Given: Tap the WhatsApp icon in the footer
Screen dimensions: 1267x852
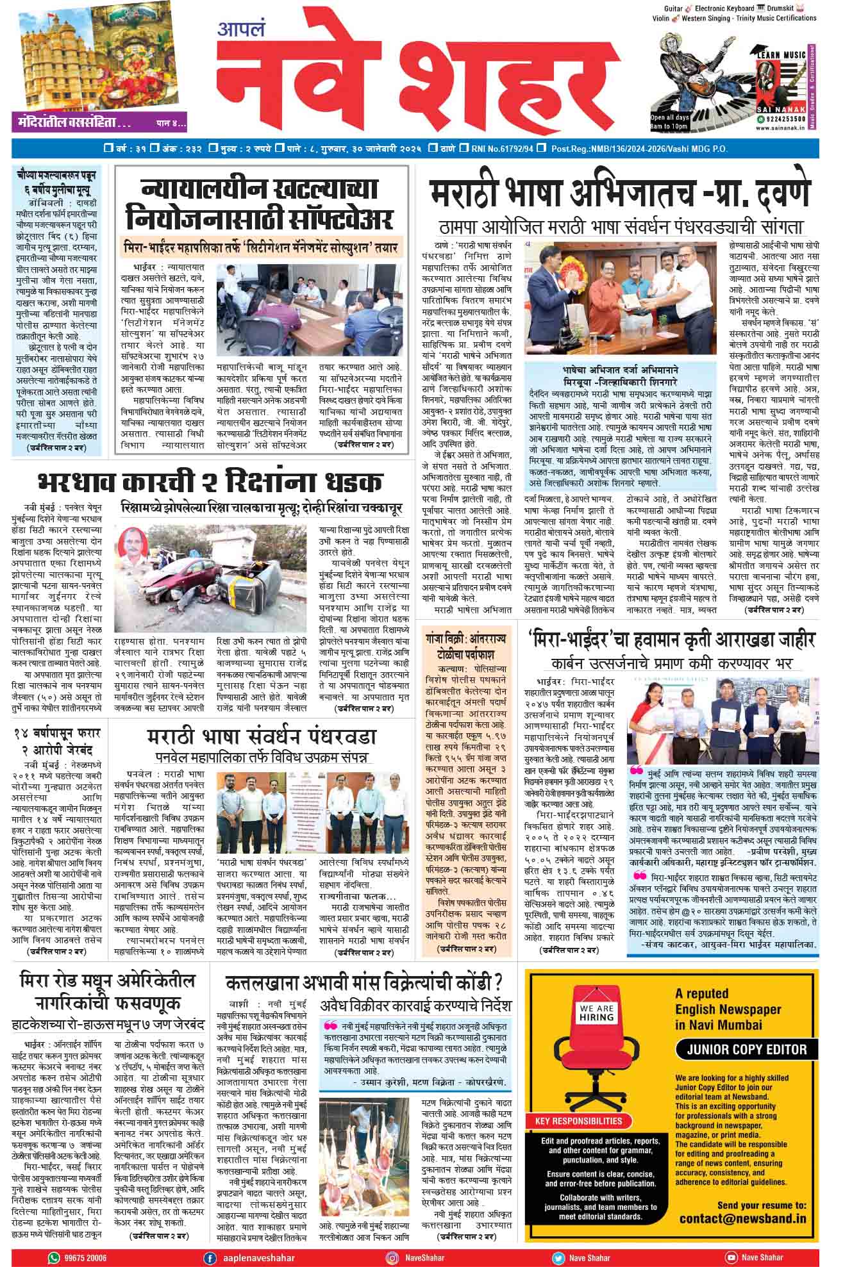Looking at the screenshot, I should tap(53, 1257).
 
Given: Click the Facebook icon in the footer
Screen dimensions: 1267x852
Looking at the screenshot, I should tap(209, 1257).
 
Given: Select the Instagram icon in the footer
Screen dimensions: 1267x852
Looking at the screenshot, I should tap(393, 1257).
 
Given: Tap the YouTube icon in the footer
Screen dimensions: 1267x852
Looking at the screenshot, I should tap(731, 1257).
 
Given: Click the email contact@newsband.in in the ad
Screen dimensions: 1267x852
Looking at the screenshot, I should tap(742, 1218).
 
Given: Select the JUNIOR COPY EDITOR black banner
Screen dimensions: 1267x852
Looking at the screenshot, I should tap(746, 1049).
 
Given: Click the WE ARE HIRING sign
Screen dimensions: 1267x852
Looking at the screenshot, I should tap(597, 1013).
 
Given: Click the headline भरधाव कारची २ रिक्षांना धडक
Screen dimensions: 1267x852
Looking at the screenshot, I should tap(210, 482).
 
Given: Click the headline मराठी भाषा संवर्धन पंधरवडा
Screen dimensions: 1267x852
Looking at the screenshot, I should tap(261, 737).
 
